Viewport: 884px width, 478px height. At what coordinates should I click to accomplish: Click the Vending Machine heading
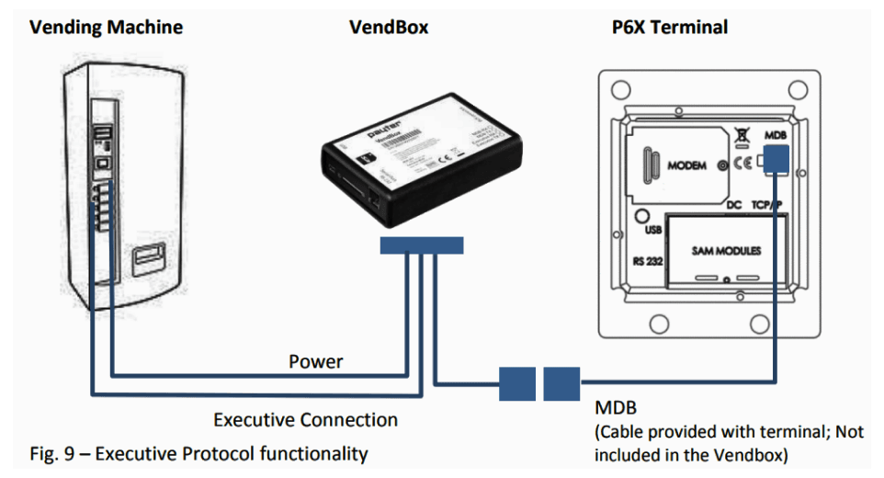[x=106, y=27]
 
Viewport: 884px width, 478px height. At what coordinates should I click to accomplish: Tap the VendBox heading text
[x=389, y=27]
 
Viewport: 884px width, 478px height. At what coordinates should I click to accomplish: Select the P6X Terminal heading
[x=669, y=27]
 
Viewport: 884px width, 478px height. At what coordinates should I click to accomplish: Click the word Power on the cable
[x=315, y=361]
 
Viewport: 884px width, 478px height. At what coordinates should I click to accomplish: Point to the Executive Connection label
[x=305, y=420]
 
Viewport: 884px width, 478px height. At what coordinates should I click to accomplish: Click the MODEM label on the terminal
[x=686, y=166]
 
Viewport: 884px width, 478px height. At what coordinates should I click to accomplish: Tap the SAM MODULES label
[x=726, y=251]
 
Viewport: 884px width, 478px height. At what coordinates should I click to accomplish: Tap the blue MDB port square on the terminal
[x=776, y=160]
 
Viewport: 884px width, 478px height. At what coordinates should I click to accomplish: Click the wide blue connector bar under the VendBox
[x=422, y=245]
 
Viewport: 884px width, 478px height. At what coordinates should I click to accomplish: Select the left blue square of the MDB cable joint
[x=517, y=383]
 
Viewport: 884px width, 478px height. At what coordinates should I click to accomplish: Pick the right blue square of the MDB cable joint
[x=561, y=383]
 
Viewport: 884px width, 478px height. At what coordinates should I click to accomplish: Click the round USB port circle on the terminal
[x=643, y=216]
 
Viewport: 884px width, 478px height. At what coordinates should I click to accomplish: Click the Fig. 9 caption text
[x=198, y=453]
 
